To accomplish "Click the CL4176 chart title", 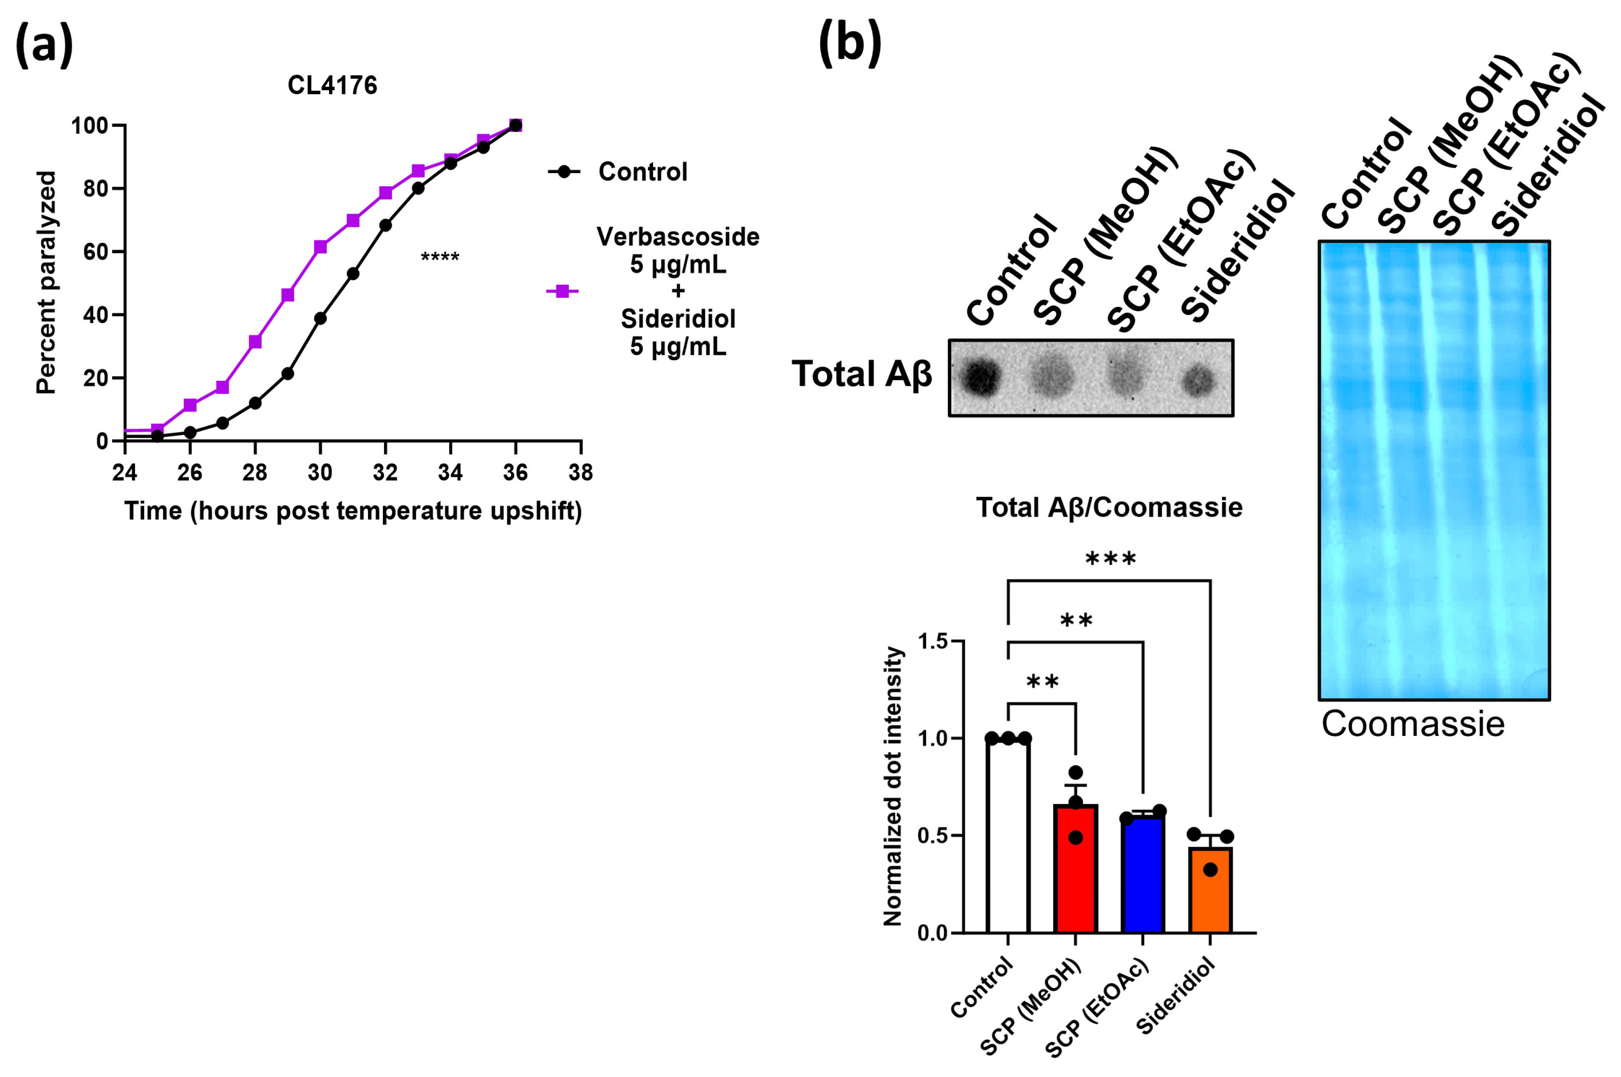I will pyautogui.click(x=332, y=85).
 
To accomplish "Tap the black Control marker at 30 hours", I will pyautogui.click(x=320, y=318).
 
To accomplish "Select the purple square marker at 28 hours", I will pyautogui.click(x=255, y=342).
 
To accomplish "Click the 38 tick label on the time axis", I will pyautogui.click(x=581, y=473).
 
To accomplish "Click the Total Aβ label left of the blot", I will pyautogui.click(x=862, y=375).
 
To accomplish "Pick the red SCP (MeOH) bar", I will pyautogui.click(x=1076, y=869).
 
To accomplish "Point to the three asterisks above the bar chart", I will pyautogui.click(x=1110, y=559).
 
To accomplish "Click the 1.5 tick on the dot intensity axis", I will pyautogui.click(x=932, y=642).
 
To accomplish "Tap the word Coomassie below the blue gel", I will pyautogui.click(x=1413, y=724).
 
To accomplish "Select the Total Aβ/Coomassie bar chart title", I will pyautogui.click(x=1109, y=507).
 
